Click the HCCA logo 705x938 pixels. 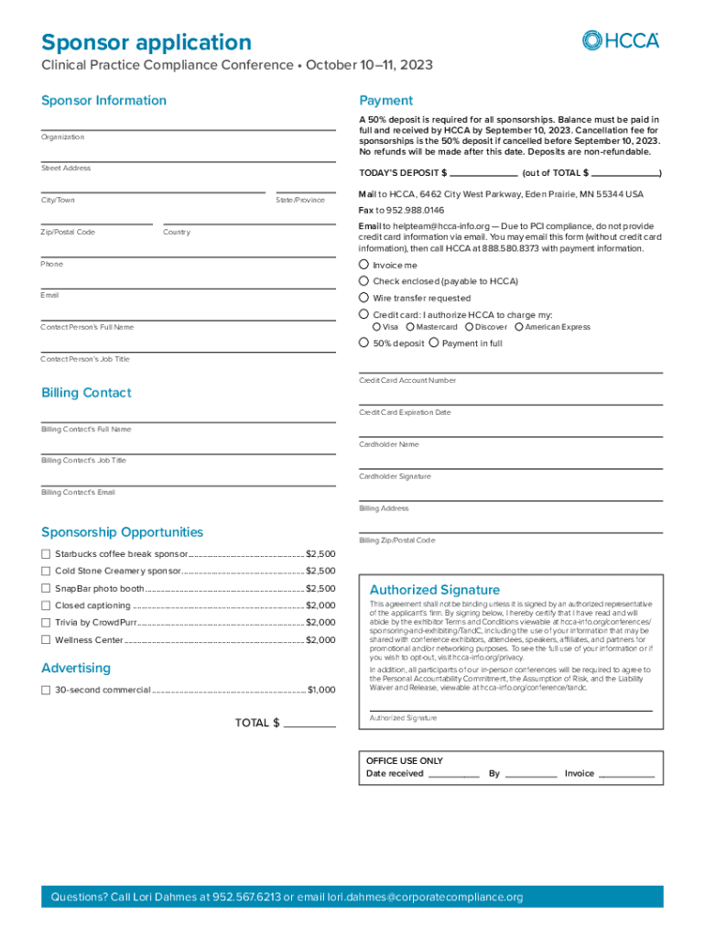click(x=620, y=40)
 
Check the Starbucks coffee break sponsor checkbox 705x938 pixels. click(x=46, y=554)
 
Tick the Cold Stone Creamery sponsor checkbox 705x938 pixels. click(x=46, y=572)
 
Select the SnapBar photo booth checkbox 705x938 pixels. click(x=46, y=588)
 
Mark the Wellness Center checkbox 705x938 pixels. click(x=46, y=640)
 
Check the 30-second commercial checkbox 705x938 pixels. click(x=46, y=690)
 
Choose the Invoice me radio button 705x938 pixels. click(x=363, y=265)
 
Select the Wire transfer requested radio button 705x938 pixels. click(x=363, y=298)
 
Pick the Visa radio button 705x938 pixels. click(x=376, y=327)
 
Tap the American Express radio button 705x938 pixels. click(x=519, y=327)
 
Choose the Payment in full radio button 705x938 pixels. click(x=434, y=344)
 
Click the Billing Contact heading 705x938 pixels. click(x=86, y=393)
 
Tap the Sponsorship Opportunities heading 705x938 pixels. click(x=123, y=532)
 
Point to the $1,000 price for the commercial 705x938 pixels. click(x=321, y=690)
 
